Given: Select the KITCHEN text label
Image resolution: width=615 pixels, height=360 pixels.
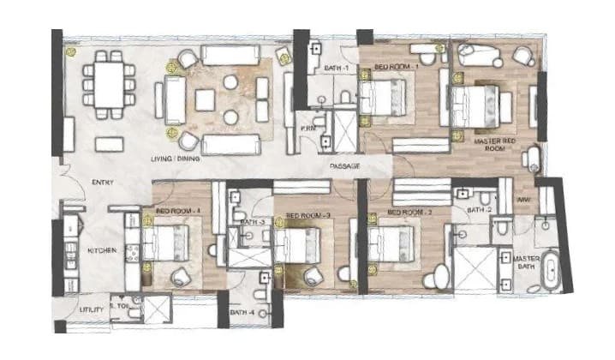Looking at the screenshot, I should pyautogui.click(x=102, y=250).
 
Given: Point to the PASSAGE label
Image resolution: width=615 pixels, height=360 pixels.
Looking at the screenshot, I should pyautogui.click(x=344, y=165).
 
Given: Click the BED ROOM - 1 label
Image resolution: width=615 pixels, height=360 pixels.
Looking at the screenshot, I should pyautogui.click(x=395, y=66).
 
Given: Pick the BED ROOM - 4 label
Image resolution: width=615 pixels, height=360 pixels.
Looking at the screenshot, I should pyautogui.click(x=178, y=210).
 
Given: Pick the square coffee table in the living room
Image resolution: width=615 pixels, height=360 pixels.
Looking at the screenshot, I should pyautogui.click(x=205, y=99).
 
